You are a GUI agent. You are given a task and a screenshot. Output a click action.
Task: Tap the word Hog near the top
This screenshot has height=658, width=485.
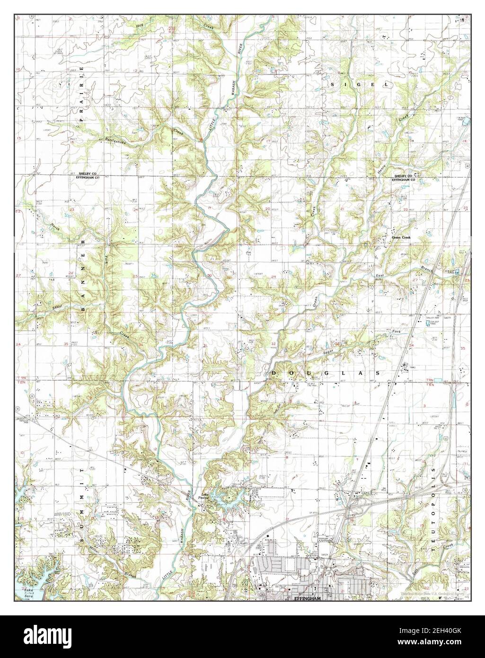click(139, 26)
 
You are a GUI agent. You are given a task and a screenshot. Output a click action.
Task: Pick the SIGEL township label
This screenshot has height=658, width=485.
click(360, 84)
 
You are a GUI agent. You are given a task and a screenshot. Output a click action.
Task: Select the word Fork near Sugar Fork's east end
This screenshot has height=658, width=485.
click(396, 332)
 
